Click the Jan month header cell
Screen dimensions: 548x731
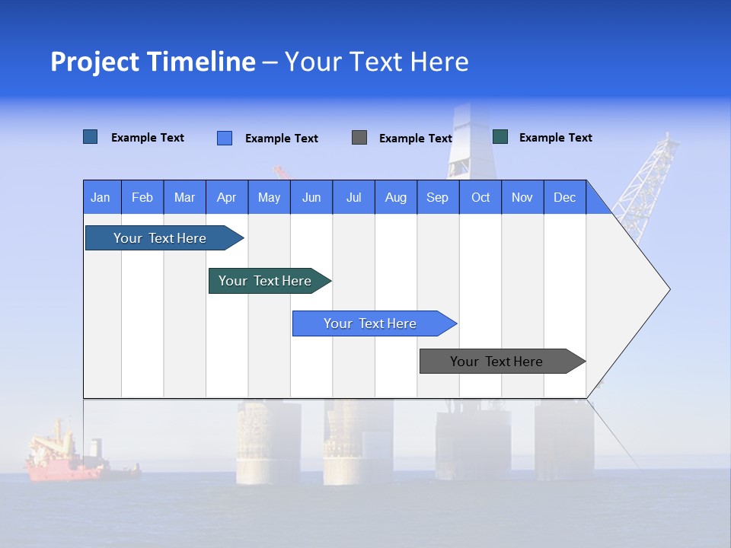[101, 198]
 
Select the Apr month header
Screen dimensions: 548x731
[227, 198]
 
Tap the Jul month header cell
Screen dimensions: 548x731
[353, 198]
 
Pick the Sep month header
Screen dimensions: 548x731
[438, 198]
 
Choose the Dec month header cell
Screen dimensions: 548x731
[564, 198]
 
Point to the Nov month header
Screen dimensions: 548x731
[522, 198]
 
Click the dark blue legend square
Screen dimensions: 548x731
[91, 137]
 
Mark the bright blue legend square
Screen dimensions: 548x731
[225, 138]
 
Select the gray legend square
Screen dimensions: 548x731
[359, 138]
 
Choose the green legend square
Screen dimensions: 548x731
[500, 137]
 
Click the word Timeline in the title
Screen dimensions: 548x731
[200, 62]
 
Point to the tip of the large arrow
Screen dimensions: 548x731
[668, 289]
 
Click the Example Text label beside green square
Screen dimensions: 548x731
[555, 138]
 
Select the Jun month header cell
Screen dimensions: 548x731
[311, 198]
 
